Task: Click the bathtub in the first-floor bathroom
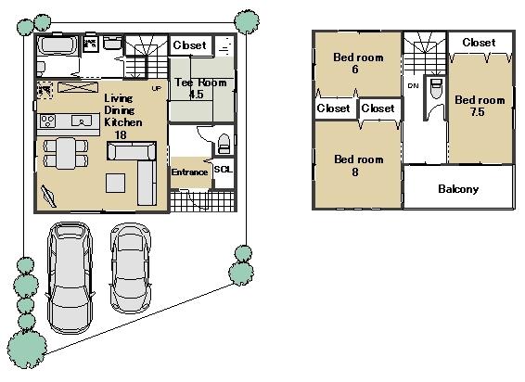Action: [60, 45]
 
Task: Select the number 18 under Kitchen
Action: [120, 134]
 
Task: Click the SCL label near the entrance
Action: [223, 169]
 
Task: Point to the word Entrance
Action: [190, 172]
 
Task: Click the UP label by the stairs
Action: [156, 88]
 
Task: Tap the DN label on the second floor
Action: [412, 86]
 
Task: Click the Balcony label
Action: [458, 189]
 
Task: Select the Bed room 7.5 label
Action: [479, 106]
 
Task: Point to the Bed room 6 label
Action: [358, 62]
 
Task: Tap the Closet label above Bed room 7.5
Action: [479, 43]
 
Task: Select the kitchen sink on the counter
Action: [79, 121]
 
